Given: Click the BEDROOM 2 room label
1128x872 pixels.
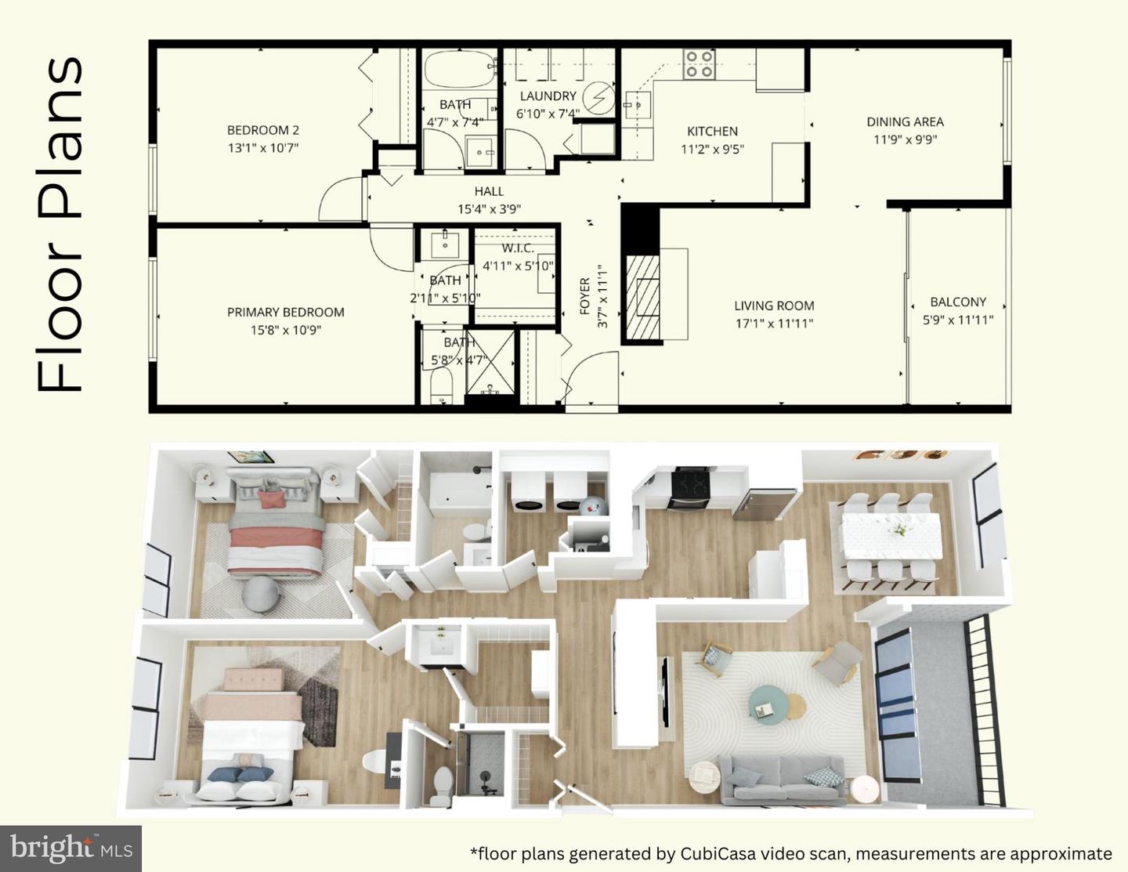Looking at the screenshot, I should [x=262, y=131].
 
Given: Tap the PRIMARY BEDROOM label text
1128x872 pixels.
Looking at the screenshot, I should [x=285, y=312].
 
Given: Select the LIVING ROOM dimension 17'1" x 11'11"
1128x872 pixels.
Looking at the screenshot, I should [x=774, y=324].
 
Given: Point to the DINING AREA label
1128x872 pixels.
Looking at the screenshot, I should [x=905, y=122].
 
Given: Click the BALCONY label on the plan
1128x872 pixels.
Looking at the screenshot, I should [x=957, y=302].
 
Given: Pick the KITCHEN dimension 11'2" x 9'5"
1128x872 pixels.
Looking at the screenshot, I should [x=712, y=149].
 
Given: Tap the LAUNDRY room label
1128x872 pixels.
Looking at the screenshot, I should [x=548, y=96].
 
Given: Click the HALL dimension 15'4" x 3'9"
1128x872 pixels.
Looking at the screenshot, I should [x=489, y=209].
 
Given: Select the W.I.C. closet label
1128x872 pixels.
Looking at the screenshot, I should [x=517, y=248].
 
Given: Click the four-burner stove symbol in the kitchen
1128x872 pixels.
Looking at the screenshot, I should [x=698, y=63].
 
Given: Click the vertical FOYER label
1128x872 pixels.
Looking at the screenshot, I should [x=584, y=296].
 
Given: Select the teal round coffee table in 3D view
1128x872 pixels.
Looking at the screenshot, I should [x=767, y=702].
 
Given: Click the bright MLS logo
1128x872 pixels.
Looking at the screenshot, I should [x=70, y=848].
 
